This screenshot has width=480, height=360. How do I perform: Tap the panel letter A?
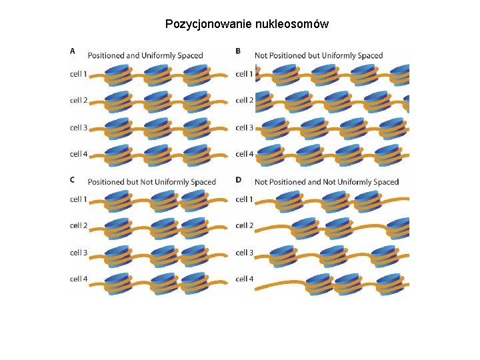pyautogui.click(x=72, y=50)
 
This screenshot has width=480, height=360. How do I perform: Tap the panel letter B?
pyautogui.click(x=238, y=50)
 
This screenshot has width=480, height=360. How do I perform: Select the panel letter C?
pyautogui.click(x=72, y=178)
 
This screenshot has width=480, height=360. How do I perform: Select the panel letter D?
pyautogui.click(x=238, y=178)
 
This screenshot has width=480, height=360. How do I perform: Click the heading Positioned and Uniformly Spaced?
pyautogui.click(x=145, y=55)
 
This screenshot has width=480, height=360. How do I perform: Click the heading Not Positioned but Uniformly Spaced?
pyautogui.click(x=319, y=55)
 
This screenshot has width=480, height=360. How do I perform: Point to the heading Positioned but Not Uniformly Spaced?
pyautogui.click(x=152, y=181)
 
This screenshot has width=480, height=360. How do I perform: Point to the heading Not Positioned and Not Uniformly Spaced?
pyautogui.click(x=327, y=181)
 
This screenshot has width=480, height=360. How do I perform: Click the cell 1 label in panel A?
pyautogui.click(x=79, y=73)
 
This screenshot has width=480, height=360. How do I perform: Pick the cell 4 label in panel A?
pyautogui.click(x=79, y=154)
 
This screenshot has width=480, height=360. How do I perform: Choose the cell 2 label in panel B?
pyautogui.click(x=244, y=100)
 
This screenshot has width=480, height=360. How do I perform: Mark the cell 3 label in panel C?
pyautogui.click(x=79, y=253)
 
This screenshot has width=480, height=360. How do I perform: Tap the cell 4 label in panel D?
pyautogui.click(x=244, y=279)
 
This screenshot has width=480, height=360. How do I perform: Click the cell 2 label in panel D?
pyautogui.click(x=244, y=225)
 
